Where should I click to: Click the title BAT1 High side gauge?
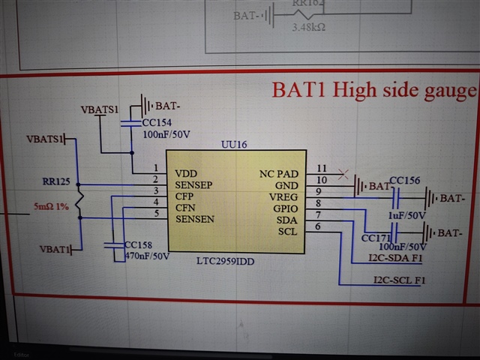(373, 91)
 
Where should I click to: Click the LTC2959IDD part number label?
(227, 260)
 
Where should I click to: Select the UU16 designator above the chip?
(233, 144)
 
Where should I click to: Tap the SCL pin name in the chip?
(287, 231)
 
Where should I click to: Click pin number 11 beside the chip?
(322, 168)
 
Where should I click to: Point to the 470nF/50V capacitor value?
(148, 256)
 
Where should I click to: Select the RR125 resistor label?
(58, 181)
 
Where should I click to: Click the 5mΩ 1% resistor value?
(50, 205)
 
